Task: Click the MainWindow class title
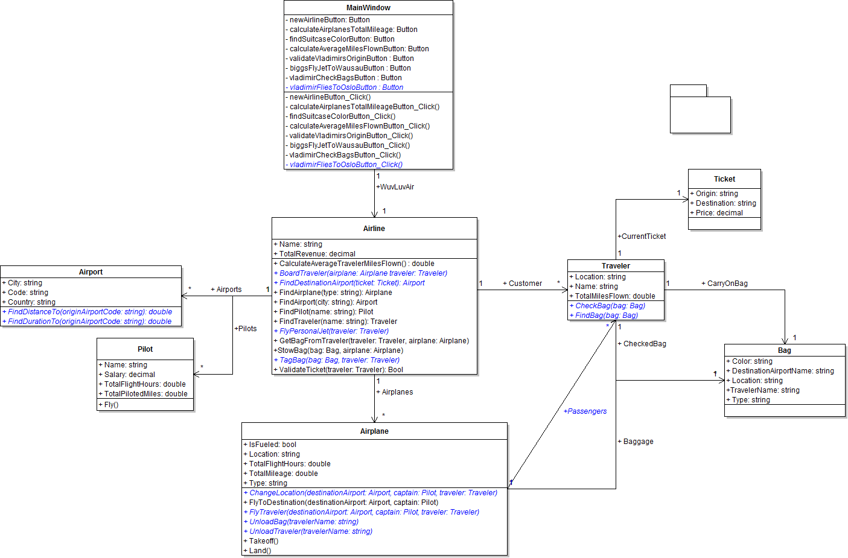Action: [x=368, y=8]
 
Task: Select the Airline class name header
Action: [x=374, y=229]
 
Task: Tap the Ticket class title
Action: [x=724, y=179]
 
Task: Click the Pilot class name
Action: [x=145, y=349]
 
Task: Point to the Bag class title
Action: [x=784, y=350]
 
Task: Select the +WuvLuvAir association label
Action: [x=395, y=187]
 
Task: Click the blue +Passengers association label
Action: [x=585, y=411]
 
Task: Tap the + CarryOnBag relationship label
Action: [x=724, y=284]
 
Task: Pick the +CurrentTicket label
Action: [x=642, y=236]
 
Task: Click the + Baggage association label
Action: [x=636, y=442]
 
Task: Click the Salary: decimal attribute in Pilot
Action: [x=129, y=375]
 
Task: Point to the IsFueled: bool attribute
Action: [x=272, y=445]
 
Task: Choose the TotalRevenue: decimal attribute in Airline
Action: [x=317, y=254]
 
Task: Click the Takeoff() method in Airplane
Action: [x=263, y=541]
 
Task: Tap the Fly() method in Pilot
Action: [x=111, y=405]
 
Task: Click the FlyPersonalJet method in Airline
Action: [x=334, y=331]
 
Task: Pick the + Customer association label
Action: [x=523, y=284]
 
